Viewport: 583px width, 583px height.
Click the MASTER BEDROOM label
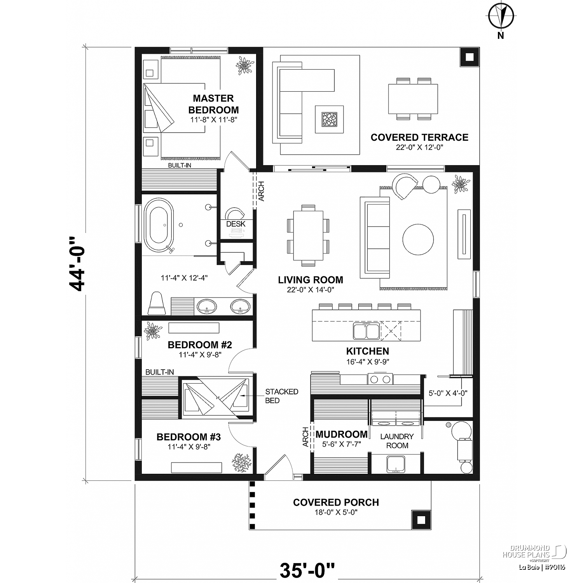click(x=213, y=104)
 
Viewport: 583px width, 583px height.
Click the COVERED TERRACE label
click(x=419, y=138)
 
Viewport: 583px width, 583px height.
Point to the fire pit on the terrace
click(x=329, y=119)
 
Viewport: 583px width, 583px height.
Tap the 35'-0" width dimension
click(x=307, y=570)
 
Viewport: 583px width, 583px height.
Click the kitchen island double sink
click(x=366, y=331)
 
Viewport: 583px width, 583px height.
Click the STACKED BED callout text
click(x=281, y=396)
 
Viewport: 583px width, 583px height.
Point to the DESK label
click(x=236, y=224)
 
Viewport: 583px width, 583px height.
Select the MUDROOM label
click(x=341, y=434)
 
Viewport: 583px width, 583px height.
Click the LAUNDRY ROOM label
click(x=397, y=441)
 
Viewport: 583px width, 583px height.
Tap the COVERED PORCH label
click(x=336, y=503)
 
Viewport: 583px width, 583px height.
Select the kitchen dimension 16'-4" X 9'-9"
click(x=368, y=361)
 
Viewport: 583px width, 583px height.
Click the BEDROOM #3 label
click(x=189, y=437)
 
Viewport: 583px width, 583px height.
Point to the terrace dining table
click(x=413, y=99)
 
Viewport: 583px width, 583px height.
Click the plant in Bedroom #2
click(x=152, y=331)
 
